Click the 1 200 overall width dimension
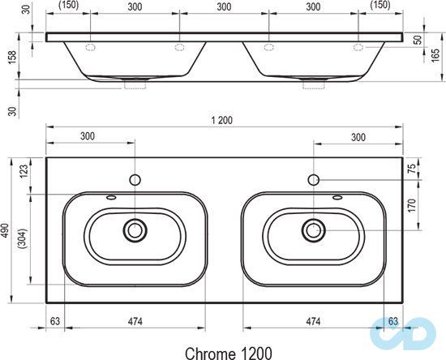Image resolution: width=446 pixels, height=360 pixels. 221,120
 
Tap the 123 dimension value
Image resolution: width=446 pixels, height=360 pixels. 24,172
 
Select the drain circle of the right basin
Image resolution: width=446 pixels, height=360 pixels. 312,230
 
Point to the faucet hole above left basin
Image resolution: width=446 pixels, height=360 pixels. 135,178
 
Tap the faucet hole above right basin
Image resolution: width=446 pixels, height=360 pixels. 313,178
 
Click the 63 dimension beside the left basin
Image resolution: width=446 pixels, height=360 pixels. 55,321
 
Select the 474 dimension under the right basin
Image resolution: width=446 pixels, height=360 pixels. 312,321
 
